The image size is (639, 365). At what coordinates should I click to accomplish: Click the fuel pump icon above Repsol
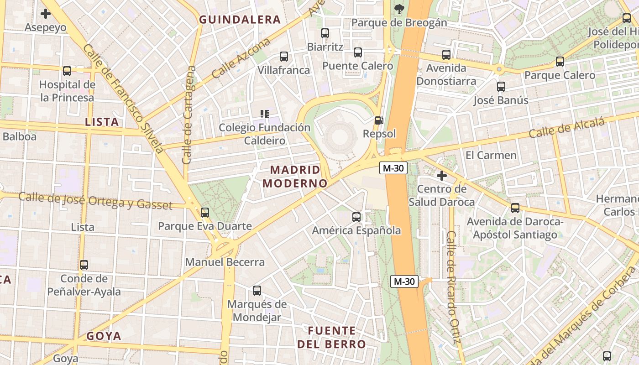[x=378, y=120]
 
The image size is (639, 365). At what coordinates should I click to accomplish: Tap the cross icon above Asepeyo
[x=46, y=14]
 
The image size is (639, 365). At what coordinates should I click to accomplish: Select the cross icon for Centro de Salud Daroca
[x=441, y=175]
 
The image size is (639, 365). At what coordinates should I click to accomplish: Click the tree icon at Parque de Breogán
[x=399, y=8]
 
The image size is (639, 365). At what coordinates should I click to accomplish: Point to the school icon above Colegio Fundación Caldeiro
[x=264, y=114]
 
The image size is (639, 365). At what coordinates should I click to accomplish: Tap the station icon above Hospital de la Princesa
[x=67, y=71]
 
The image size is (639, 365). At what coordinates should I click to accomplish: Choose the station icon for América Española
[x=356, y=217]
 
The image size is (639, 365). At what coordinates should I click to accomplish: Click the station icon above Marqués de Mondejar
[x=257, y=291]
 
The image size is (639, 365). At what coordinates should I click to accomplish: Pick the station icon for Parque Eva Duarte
[x=205, y=212]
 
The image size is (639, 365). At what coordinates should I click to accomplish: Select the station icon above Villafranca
[x=284, y=57]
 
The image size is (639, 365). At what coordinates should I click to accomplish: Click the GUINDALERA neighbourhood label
[x=240, y=20]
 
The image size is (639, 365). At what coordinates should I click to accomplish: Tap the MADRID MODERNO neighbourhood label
[x=299, y=177]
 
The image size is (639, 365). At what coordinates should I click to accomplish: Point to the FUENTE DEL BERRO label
[x=332, y=338]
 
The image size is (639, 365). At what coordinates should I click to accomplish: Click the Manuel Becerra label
[x=225, y=262]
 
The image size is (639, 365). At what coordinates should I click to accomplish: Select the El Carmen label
[x=491, y=155]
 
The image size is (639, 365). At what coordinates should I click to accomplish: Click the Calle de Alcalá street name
[x=567, y=128]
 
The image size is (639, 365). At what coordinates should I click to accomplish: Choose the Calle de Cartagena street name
[x=189, y=115]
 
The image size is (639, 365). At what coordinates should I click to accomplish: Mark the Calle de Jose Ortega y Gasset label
[x=95, y=201]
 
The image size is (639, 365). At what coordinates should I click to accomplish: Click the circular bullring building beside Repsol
[x=339, y=136]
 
